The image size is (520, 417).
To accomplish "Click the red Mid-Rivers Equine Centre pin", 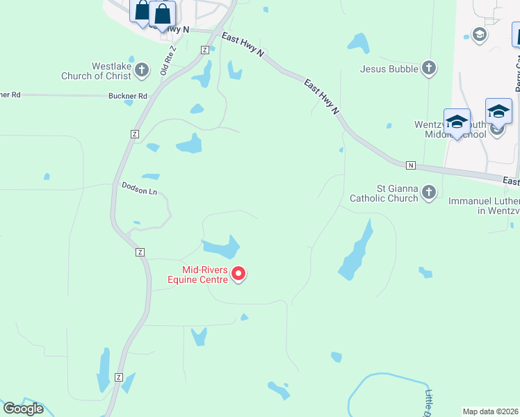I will pyautogui.click(x=238, y=274).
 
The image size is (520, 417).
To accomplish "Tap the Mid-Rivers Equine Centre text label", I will pyautogui.click(x=205, y=275).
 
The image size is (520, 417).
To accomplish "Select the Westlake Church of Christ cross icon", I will pyautogui.click(x=142, y=69).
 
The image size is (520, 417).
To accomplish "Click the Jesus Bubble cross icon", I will pyautogui.click(x=430, y=68).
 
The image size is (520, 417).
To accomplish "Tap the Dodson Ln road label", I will pyautogui.click(x=139, y=188).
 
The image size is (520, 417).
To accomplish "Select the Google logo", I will pyautogui.click(x=23, y=409).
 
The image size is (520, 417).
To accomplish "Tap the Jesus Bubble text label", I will pyautogui.click(x=389, y=69).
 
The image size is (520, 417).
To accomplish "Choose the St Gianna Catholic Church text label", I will pyautogui.click(x=388, y=193).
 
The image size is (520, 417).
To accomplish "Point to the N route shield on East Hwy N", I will pyautogui.click(x=411, y=165).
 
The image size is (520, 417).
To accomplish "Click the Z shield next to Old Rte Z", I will pyautogui.click(x=204, y=49).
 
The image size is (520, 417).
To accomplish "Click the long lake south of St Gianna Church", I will pyautogui.click(x=356, y=252).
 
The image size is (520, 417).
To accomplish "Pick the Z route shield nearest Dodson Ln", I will pyautogui.click(x=135, y=133).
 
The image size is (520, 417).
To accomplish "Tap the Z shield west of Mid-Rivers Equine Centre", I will pyautogui.click(x=140, y=252).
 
